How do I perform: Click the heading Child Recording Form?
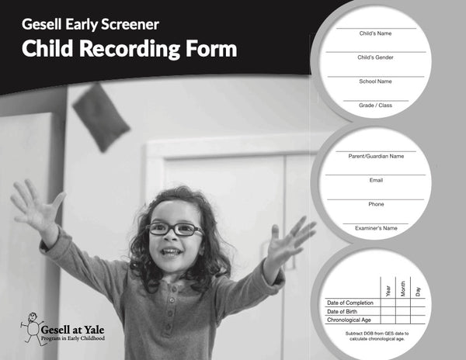[129, 49]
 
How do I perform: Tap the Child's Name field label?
[375, 34]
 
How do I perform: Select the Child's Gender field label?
[375, 57]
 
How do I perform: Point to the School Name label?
[375, 81]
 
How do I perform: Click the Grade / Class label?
[375, 105]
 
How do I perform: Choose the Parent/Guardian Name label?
[375, 156]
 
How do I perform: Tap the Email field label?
[375, 180]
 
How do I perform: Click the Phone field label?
[375, 204]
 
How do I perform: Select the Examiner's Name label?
[375, 228]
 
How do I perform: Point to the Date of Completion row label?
[351, 303]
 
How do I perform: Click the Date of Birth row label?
[342, 311]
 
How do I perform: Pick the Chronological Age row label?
[349, 320]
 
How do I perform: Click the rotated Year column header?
[388, 290]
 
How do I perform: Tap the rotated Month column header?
[402, 289]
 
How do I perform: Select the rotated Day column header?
[418, 292]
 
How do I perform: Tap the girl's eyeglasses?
[175, 229]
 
